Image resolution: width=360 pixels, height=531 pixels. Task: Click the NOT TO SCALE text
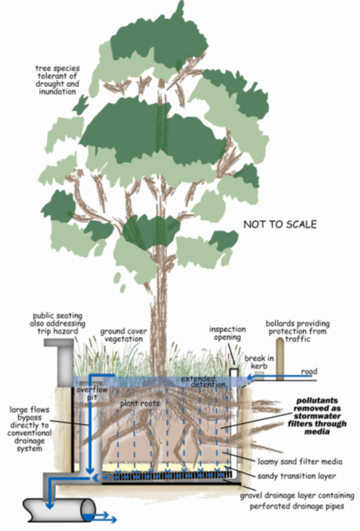[x=280, y=225]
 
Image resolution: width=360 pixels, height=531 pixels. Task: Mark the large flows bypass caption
[x=38, y=427]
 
